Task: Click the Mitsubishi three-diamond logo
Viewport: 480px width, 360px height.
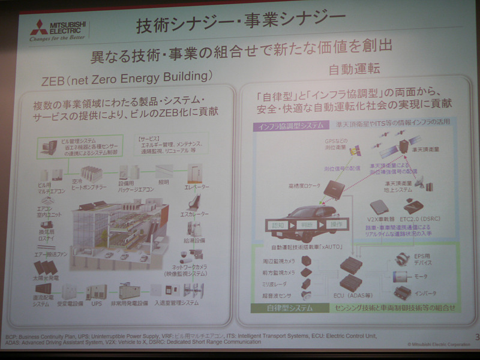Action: [40, 25]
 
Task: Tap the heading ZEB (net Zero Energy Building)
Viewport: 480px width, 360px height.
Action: [127, 77]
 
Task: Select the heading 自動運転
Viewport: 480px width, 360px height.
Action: [356, 67]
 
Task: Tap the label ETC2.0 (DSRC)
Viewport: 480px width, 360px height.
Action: [417, 219]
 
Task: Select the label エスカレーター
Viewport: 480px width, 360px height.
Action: [195, 214]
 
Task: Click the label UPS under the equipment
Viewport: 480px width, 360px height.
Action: [96, 304]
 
